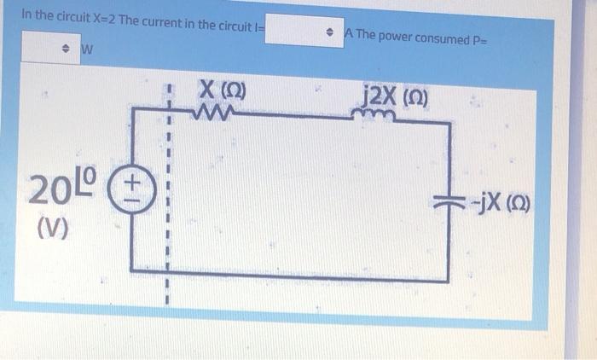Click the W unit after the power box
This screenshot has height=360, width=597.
(86, 49)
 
